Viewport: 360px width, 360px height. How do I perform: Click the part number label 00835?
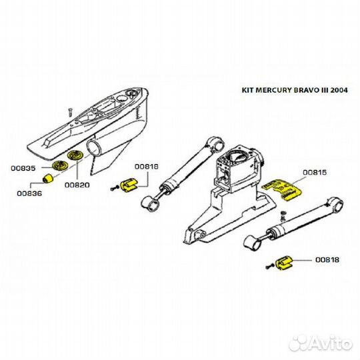click(x=23, y=168)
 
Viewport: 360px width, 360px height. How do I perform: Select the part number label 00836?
click(x=29, y=193)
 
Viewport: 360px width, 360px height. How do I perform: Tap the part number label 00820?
click(x=77, y=185)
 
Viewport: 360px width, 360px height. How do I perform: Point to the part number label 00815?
click(x=315, y=173)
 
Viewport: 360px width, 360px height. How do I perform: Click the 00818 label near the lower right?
click(x=327, y=260)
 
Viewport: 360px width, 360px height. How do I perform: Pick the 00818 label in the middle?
click(x=147, y=167)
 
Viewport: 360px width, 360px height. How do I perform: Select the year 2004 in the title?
click(x=339, y=90)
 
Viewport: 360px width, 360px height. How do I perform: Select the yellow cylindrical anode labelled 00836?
click(x=48, y=179)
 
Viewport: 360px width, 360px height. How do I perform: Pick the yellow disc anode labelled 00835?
click(x=61, y=165)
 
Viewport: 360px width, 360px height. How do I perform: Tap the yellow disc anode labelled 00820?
click(x=76, y=155)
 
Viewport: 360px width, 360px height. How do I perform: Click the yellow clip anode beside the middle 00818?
click(x=129, y=185)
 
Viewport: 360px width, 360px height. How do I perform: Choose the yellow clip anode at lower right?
click(x=284, y=263)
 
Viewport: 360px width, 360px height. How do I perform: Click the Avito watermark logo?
click(x=320, y=343)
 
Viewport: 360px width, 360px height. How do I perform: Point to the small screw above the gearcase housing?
click(x=70, y=112)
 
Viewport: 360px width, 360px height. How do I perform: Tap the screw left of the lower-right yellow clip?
click(x=269, y=267)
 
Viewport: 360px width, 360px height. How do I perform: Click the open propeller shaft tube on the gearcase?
click(x=94, y=148)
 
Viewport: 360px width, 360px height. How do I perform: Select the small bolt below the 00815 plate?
click(x=283, y=216)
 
